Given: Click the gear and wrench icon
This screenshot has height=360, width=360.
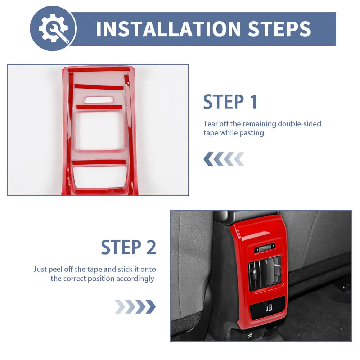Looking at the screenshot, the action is pyautogui.click(x=54, y=28).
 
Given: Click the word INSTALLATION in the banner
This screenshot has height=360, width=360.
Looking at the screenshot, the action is pyautogui.click(x=169, y=29).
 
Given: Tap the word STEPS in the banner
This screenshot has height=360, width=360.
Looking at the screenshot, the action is pyautogui.click(x=279, y=29).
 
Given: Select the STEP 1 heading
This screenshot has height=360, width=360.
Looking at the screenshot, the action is pyautogui.click(x=230, y=102).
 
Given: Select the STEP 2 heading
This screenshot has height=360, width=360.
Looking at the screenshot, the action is pyautogui.click(x=129, y=247).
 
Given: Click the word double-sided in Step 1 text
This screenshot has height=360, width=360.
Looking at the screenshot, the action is pyautogui.click(x=300, y=124).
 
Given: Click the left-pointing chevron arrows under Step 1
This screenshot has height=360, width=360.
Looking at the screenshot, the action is pyautogui.click(x=224, y=159).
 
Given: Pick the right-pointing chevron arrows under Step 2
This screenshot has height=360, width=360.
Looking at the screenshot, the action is pyautogui.click(x=135, y=306).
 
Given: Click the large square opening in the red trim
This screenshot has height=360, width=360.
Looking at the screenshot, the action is pyautogui.click(x=99, y=131).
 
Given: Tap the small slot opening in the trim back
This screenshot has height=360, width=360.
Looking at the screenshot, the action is pyautogui.click(x=99, y=100).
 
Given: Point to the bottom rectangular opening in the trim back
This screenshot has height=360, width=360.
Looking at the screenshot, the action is pyautogui.click(x=100, y=177).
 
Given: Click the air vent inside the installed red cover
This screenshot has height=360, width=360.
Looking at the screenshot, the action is pyautogui.click(x=265, y=273).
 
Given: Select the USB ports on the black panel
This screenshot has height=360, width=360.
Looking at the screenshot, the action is pyautogui.click(x=269, y=308).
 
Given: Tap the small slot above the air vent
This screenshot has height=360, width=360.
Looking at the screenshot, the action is pyautogui.click(x=265, y=248).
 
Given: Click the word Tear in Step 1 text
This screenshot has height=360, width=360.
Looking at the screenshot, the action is pyautogui.click(x=210, y=124).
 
